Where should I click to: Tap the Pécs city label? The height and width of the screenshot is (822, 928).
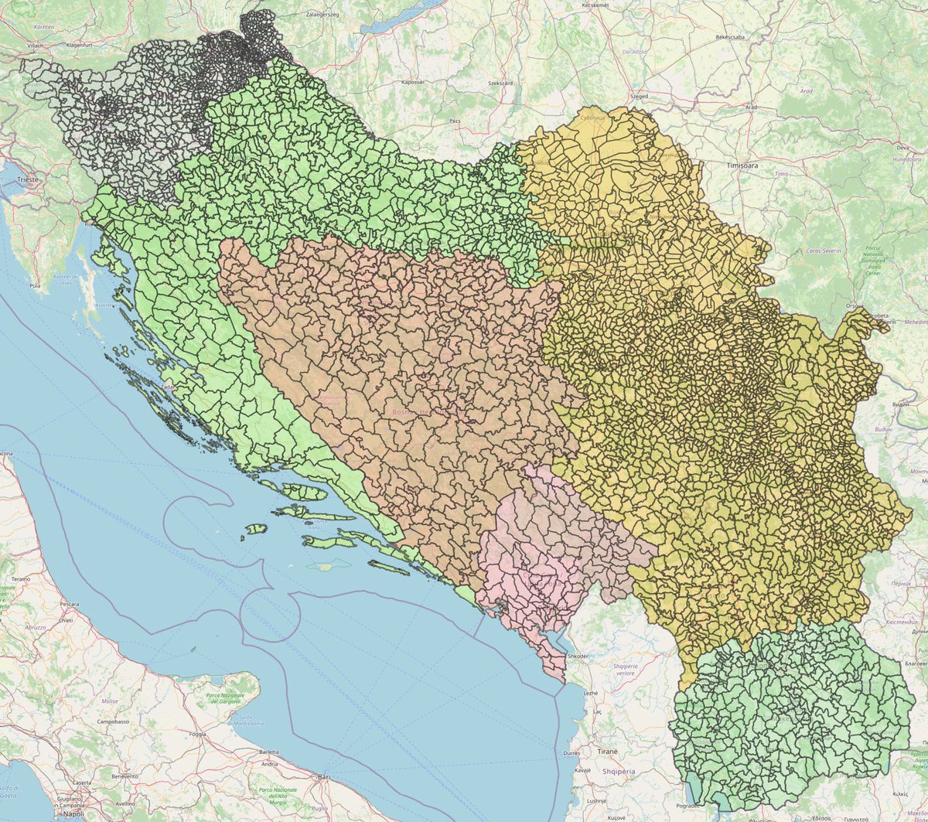pos(455,121)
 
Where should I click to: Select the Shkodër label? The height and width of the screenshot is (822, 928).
pos(578,656)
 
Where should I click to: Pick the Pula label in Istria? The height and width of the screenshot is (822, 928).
pos(34,285)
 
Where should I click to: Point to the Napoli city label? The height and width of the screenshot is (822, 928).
pos(75,814)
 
